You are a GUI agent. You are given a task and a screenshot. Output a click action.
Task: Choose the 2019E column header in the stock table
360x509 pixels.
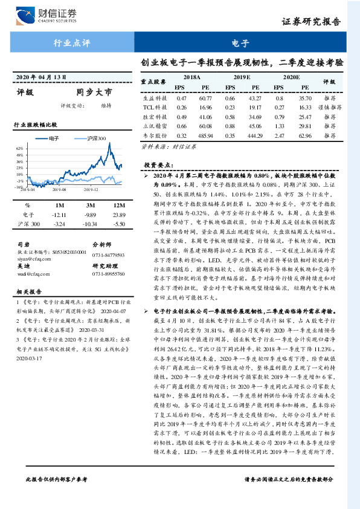click(x=242, y=78)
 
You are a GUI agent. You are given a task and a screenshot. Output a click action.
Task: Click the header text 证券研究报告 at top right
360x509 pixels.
click(x=318, y=22)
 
